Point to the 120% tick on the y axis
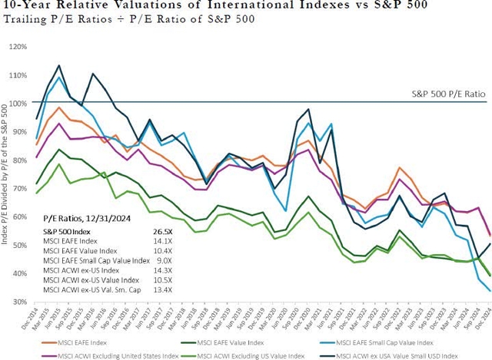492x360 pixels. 17,46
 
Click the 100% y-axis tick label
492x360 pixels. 17,103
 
